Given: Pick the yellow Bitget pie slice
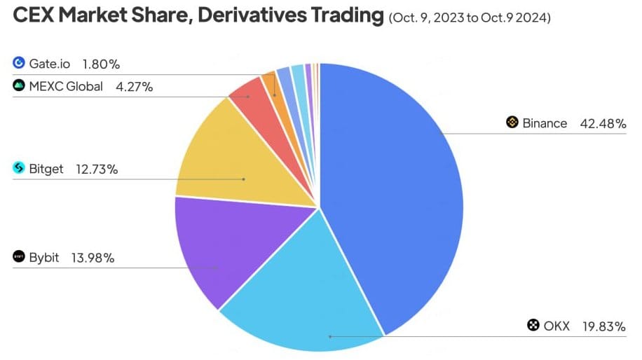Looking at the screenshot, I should [x=231, y=161].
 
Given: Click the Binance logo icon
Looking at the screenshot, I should [x=512, y=123].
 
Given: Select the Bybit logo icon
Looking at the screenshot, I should [x=19, y=257].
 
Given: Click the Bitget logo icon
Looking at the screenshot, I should [x=19, y=168].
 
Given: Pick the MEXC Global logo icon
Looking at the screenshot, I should [x=19, y=86].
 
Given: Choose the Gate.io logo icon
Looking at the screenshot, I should [x=19, y=64].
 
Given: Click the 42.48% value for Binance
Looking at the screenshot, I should [x=603, y=123].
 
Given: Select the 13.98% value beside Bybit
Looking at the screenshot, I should [x=93, y=257].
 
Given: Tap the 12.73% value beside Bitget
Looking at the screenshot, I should [x=97, y=169].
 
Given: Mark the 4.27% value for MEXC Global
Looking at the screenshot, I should [x=135, y=87].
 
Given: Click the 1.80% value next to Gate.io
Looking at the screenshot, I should [x=101, y=64].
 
